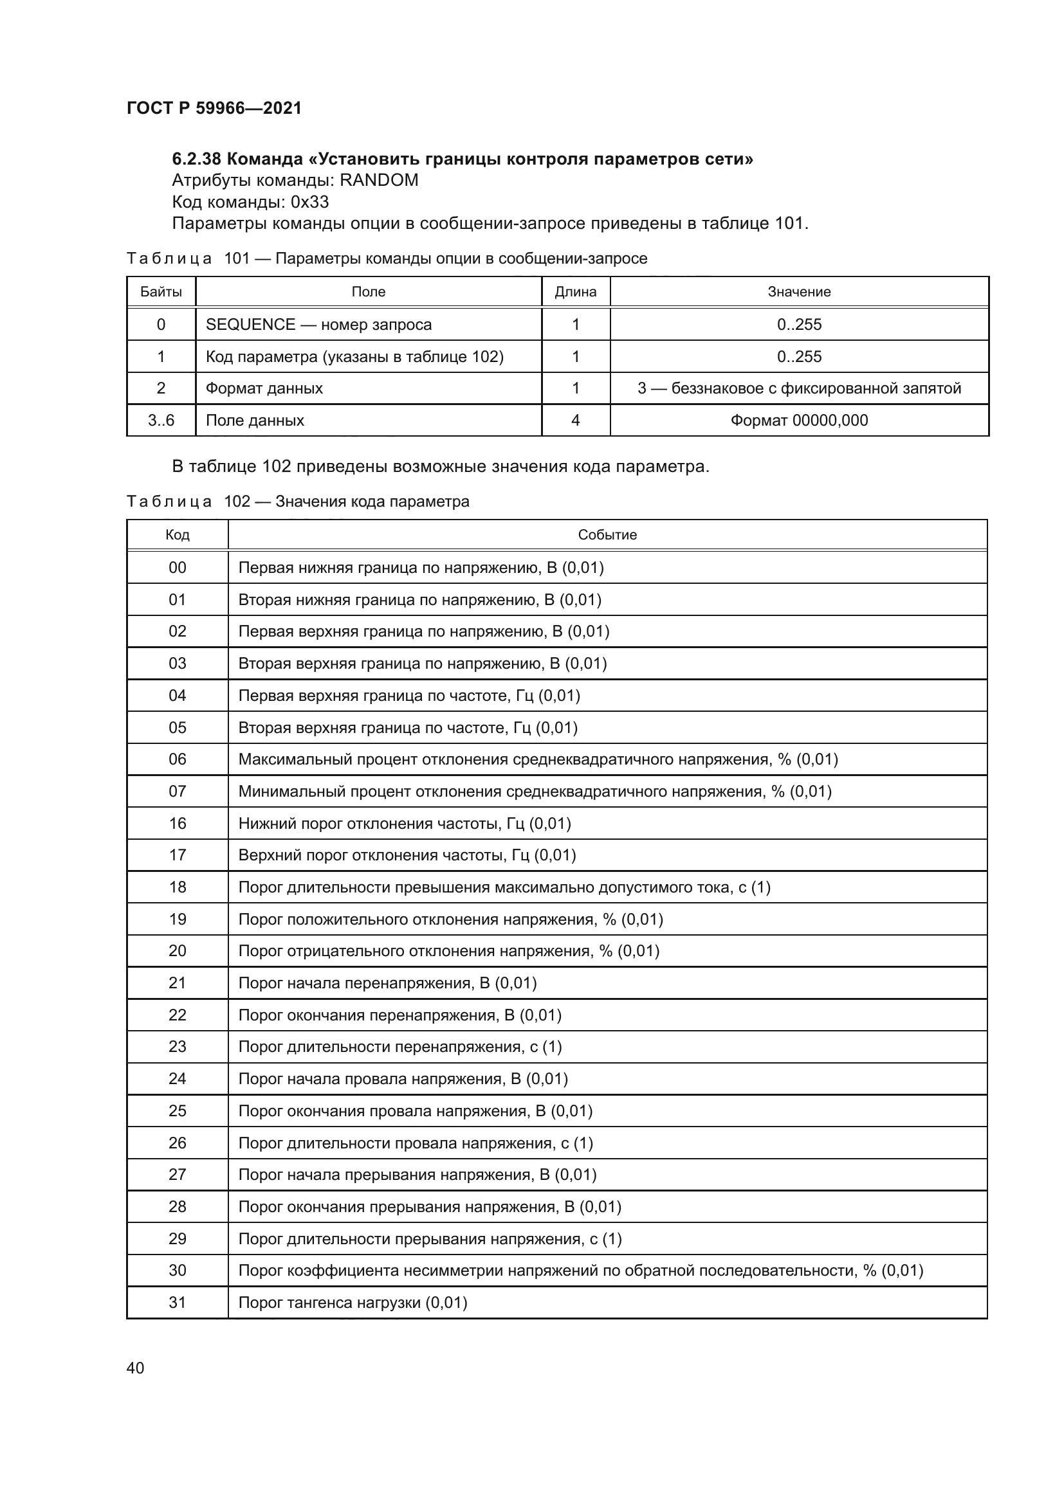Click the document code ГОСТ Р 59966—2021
214,108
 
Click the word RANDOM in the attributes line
379,180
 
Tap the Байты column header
161,292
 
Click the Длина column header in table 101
575,292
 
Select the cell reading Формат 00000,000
799,421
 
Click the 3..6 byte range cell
161,421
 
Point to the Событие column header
607,535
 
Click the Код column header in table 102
177,535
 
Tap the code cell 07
177,792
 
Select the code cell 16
177,824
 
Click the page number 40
135,1368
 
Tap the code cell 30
177,1270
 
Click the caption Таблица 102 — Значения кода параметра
297,502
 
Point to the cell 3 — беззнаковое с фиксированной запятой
799,388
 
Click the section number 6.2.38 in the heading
197,159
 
